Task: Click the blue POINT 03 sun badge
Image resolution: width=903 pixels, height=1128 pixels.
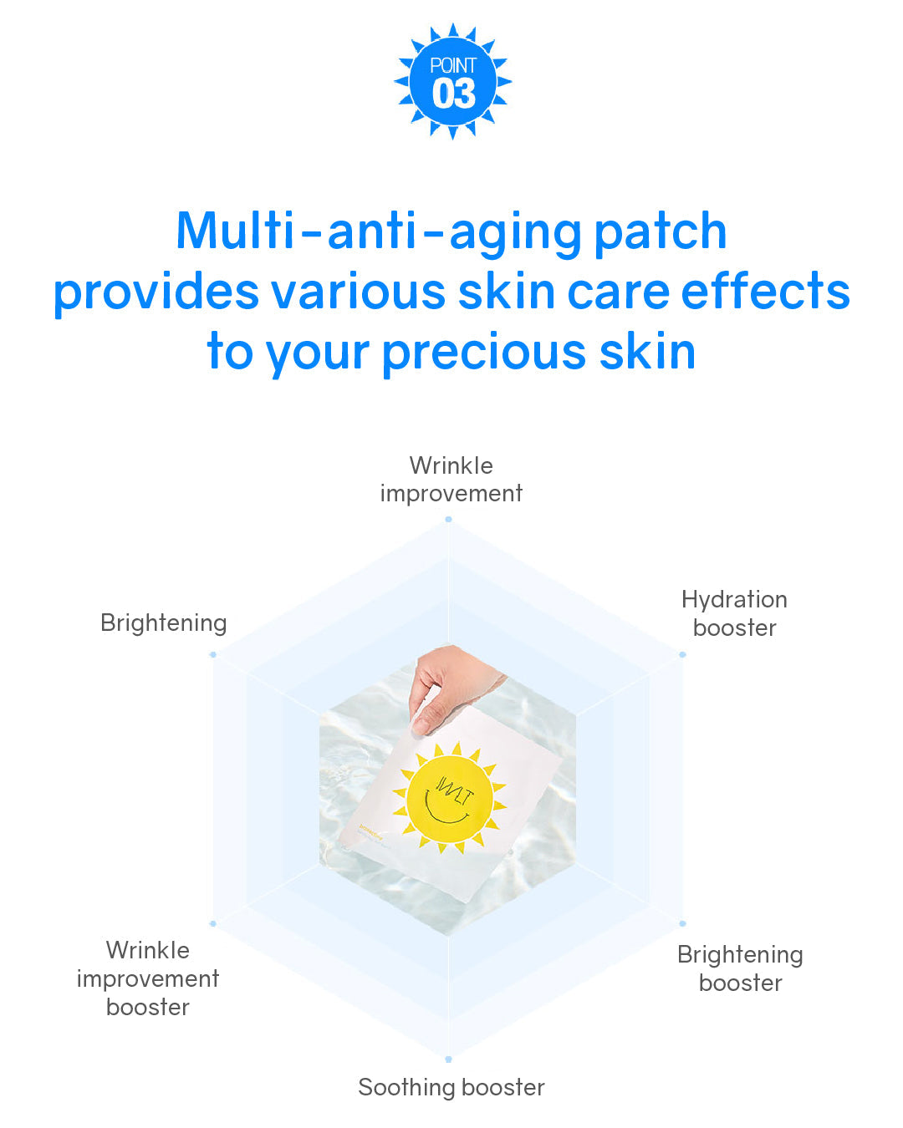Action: pyautogui.click(x=452, y=81)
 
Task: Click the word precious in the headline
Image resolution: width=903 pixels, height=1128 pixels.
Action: pyautogui.click(x=484, y=352)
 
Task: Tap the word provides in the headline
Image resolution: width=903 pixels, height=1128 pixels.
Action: pyautogui.click(x=156, y=293)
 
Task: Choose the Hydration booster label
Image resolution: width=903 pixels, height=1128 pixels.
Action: pyautogui.click(x=734, y=613)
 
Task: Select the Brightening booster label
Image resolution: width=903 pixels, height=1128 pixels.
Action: pyautogui.click(x=740, y=968)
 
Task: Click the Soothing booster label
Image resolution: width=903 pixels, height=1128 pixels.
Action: pyautogui.click(x=451, y=1087)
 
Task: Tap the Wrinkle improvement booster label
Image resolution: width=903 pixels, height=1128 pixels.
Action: pyautogui.click(x=148, y=978)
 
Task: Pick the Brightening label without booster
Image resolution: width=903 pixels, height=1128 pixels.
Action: pyautogui.click(x=164, y=623)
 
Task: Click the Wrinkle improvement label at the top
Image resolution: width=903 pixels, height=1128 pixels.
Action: pyautogui.click(x=451, y=480)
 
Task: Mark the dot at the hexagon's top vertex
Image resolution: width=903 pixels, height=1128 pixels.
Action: pyautogui.click(x=449, y=520)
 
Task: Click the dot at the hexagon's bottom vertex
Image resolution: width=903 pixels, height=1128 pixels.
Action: pyautogui.click(x=449, y=1059)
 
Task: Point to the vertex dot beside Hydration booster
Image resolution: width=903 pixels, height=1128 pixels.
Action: pyautogui.click(x=682, y=654)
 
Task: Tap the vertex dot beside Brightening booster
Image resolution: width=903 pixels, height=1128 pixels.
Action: pyautogui.click(x=682, y=923)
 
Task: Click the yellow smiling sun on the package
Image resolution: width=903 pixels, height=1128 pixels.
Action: pyautogui.click(x=450, y=799)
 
